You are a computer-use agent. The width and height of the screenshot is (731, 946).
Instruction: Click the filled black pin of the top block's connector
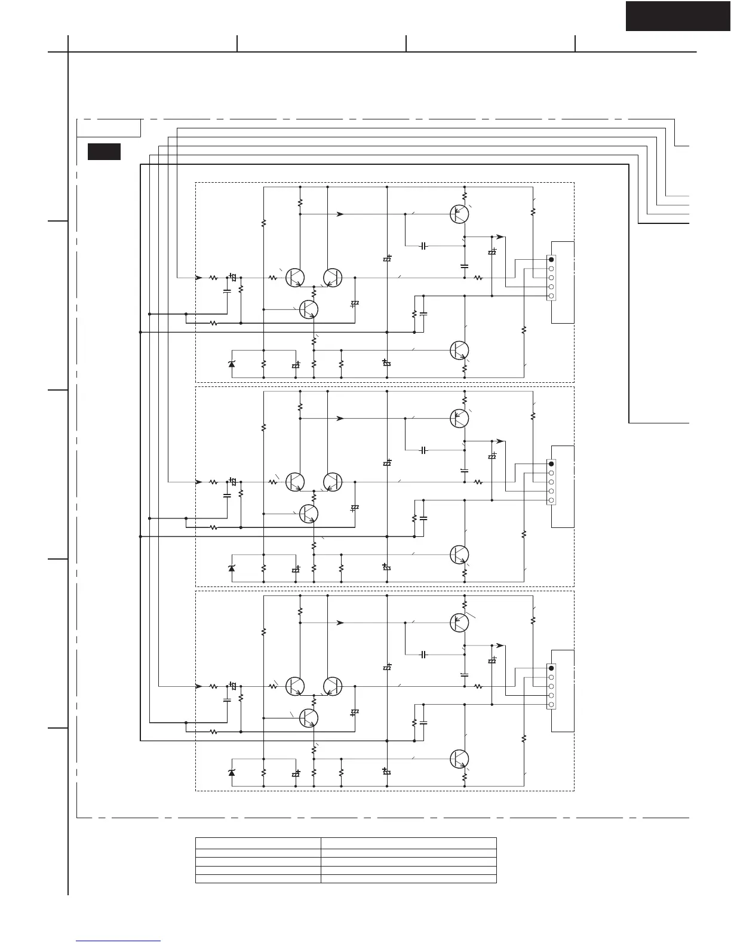pyautogui.click(x=551, y=259)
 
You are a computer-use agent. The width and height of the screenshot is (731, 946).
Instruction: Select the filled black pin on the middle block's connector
pyautogui.click(x=551, y=463)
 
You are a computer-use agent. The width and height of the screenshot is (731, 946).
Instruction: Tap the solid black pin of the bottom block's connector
pyautogui.click(x=551, y=668)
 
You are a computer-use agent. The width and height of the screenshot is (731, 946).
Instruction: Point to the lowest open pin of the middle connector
pyautogui.click(x=551, y=500)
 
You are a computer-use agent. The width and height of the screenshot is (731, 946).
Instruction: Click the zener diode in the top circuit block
pyautogui.click(x=232, y=364)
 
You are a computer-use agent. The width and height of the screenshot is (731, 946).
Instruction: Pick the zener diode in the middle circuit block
pyautogui.click(x=232, y=568)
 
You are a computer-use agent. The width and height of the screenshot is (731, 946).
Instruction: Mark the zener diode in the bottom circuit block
pyautogui.click(x=232, y=772)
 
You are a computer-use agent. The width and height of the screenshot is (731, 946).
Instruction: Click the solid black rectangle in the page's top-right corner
pyautogui.click(x=678, y=16)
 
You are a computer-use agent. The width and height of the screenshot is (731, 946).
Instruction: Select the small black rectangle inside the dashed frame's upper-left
pyautogui.click(x=104, y=152)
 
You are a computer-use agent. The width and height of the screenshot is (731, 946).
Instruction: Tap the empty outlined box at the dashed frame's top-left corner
pyautogui.click(x=109, y=128)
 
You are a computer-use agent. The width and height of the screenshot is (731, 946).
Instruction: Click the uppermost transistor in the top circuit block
pyautogui.click(x=459, y=214)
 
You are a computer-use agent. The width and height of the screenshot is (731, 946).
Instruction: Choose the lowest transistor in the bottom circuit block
pyautogui.click(x=459, y=758)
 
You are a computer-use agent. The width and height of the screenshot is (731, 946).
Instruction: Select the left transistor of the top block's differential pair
pyautogui.click(x=295, y=278)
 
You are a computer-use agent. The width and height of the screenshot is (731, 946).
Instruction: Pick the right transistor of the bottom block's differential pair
pyautogui.click(x=333, y=686)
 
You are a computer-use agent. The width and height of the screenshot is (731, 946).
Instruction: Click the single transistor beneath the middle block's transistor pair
pyautogui.click(x=308, y=514)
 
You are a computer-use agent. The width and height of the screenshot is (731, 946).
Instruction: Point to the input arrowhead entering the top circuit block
pyautogui.click(x=199, y=278)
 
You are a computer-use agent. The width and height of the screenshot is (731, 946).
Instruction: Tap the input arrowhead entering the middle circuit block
pyautogui.click(x=199, y=482)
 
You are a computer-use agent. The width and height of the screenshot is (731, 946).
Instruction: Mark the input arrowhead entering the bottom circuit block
pyautogui.click(x=199, y=686)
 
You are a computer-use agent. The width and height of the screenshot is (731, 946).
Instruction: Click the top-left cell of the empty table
pyautogui.click(x=258, y=843)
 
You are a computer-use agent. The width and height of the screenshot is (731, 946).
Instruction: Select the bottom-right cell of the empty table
pyautogui.click(x=408, y=879)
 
